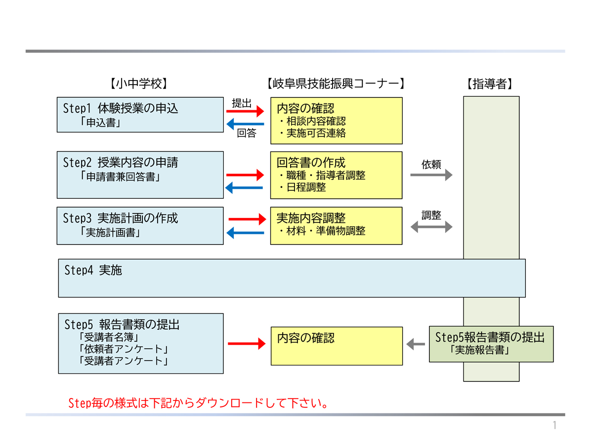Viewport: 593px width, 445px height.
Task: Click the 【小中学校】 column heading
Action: pyautogui.click(x=138, y=84)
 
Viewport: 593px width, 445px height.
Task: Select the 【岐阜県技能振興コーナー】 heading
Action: pyautogui.click(x=336, y=84)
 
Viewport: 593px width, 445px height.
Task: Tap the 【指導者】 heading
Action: pyautogui.click(x=489, y=84)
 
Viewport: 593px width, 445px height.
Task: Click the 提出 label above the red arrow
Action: pyautogui.click(x=242, y=103)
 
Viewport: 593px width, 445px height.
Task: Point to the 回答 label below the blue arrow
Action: pyautogui.click(x=247, y=133)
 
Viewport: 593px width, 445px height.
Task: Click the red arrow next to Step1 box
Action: pyautogui.click(x=245, y=111)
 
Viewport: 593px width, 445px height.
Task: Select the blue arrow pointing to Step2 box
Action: pyautogui.click(x=244, y=188)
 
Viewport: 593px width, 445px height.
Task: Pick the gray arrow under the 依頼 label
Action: pyautogui.click(x=431, y=175)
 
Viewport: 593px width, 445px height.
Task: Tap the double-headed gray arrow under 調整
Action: pyautogui.click(x=431, y=226)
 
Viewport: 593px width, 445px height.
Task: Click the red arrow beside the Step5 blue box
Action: pyautogui.click(x=247, y=344)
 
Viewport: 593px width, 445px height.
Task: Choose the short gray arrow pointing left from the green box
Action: pyautogui.click(x=416, y=344)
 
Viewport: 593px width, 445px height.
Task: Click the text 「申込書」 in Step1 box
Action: pyautogui.click(x=100, y=123)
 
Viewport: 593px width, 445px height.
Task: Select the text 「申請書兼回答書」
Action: pyautogui.click(x=120, y=177)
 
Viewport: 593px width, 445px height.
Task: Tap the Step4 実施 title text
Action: pyautogui.click(x=93, y=270)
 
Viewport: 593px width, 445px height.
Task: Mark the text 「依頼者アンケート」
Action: pyautogui.click(x=123, y=349)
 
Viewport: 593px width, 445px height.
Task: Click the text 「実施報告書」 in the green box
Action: pyautogui.click(x=479, y=350)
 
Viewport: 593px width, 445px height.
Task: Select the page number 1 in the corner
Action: pyautogui.click(x=554, y=425)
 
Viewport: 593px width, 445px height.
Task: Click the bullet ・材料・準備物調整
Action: pyautogui.click(x=322, y=231)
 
